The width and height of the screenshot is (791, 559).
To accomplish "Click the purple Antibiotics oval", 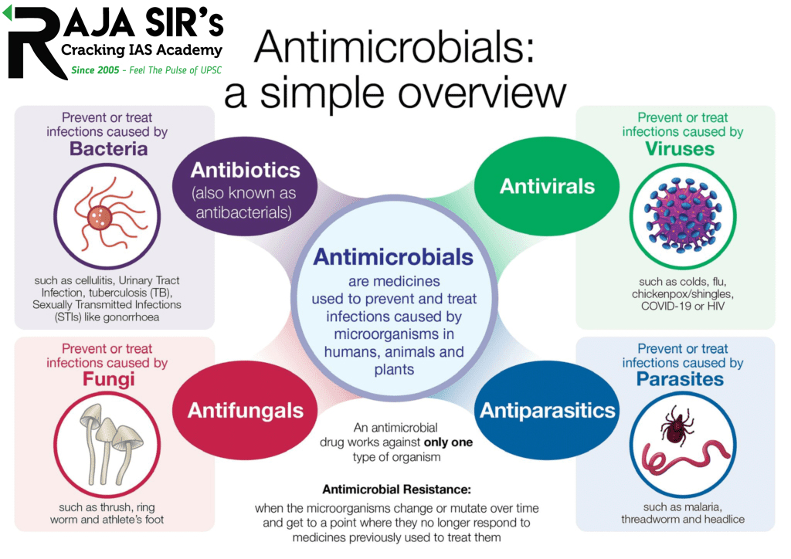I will tap(245, 189).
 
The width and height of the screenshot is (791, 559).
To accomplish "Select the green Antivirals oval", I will tap(547, 186).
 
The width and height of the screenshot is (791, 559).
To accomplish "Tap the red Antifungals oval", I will tap(246, 410).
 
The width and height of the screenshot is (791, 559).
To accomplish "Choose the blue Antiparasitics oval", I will tap(548, 410).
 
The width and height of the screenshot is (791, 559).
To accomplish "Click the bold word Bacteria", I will tap(108, 149).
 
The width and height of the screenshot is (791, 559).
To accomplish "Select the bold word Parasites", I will tap(680, 379).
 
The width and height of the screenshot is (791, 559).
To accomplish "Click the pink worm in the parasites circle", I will tap(680, 462).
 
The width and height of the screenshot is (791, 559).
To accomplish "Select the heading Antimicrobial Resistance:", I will tap(396, 490).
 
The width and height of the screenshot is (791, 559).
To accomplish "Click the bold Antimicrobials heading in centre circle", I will tap(392, 257).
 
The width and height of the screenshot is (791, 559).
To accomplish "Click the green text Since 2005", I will tap(95, 69).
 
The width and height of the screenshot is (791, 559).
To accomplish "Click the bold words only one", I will tap(448, 442).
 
